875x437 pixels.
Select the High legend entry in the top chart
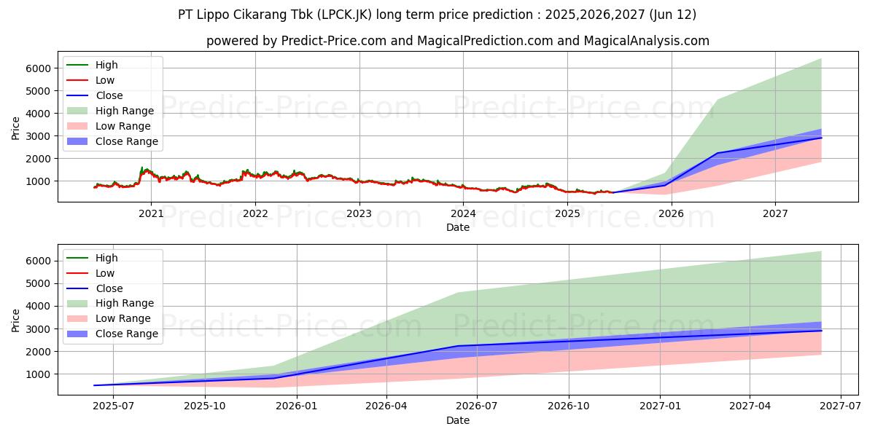coord(106,65)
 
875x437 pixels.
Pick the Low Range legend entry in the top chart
coord(125,126)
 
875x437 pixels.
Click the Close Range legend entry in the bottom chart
coord(127,334)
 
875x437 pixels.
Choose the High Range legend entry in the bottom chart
coord(125,303)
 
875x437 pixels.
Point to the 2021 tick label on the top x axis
coord(151,213)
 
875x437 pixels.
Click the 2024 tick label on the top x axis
coord(463,213)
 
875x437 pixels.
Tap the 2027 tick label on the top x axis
coord(775,213)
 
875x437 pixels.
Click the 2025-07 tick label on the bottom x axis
coord(113,406)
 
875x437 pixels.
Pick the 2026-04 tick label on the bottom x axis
coord(386,406)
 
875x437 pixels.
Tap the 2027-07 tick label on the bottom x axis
coord(841,406)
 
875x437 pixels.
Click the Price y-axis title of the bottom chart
coord(15,320)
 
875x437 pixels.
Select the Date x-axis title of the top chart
coord(457,227)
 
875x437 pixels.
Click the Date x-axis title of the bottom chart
coord(457,420)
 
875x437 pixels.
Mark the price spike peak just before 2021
coord(142,168)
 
